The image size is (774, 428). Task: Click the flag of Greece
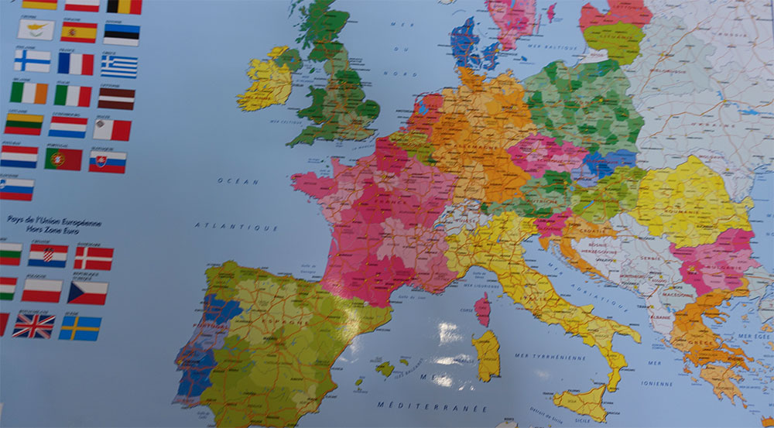click(x=119, y=66)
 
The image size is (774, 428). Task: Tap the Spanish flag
click(x=79, y=32)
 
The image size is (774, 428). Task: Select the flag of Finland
click(x=33, y=60)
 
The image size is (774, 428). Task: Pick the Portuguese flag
click(x=63, y=159)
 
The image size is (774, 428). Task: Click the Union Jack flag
click(x=33, y=326)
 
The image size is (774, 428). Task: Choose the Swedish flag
click(x=80, y=327)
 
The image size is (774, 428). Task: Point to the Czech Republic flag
click(x=87, y=292)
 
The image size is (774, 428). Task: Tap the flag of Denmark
click(x=94, y=258)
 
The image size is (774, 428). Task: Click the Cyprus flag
click(x=36, y=29)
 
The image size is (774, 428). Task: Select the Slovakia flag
click(x=107, y=161)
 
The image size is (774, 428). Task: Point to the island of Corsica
click(x=482, y=309)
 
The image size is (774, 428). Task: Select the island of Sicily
click(x=581, y=403)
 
